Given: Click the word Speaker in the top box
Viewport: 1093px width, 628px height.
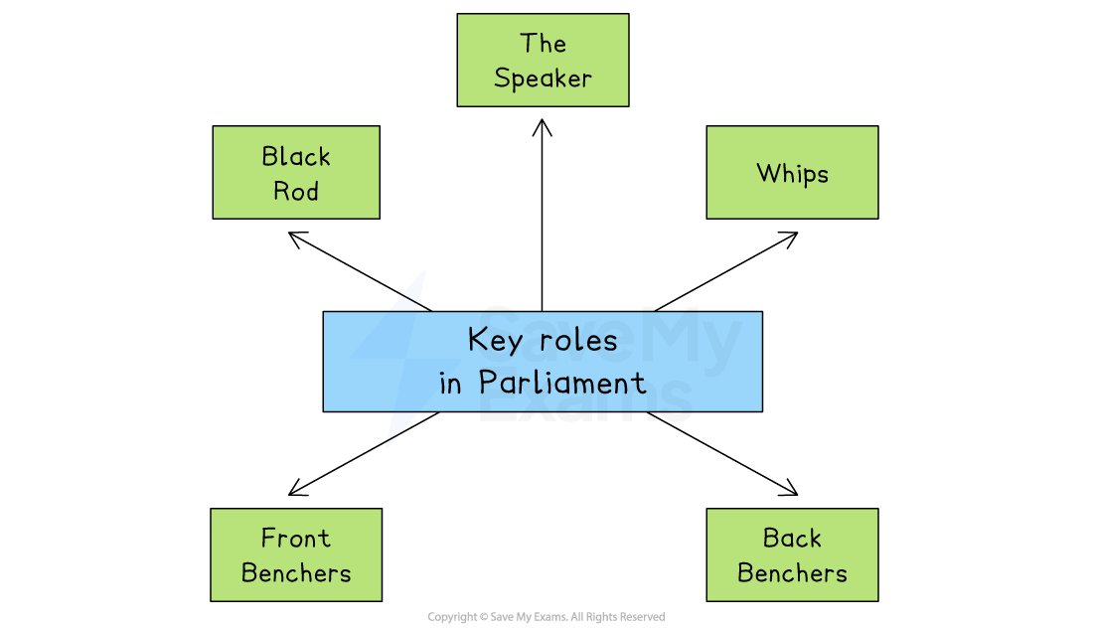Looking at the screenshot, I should [543, 78].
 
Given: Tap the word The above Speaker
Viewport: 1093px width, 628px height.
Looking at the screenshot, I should [543, 44].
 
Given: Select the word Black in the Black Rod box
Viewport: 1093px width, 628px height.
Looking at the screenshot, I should [296, 156].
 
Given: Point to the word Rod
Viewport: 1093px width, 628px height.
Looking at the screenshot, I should [296, 191].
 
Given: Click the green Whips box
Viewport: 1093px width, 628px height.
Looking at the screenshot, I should [792, 172].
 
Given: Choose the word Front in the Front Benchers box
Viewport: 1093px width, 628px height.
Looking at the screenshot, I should [295, 539].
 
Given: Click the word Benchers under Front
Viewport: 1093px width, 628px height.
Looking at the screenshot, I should [296, 573].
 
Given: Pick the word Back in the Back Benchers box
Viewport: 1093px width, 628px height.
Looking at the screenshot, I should [792, 539].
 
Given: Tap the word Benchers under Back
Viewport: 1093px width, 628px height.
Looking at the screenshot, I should [792, 573].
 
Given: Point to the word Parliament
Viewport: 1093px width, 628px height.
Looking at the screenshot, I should [561, 383].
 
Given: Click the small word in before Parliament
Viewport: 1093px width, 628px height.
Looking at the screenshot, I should [450, 384].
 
